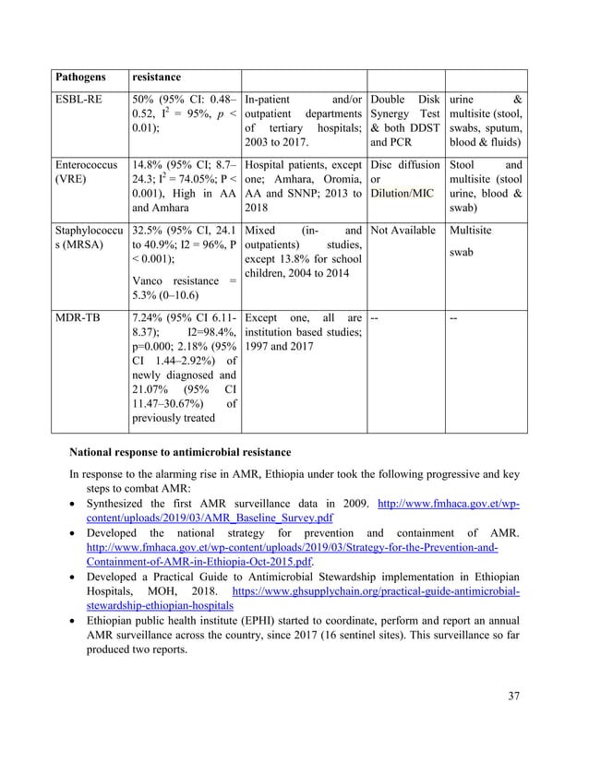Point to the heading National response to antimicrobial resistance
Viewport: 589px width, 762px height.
(x=180, y=451)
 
